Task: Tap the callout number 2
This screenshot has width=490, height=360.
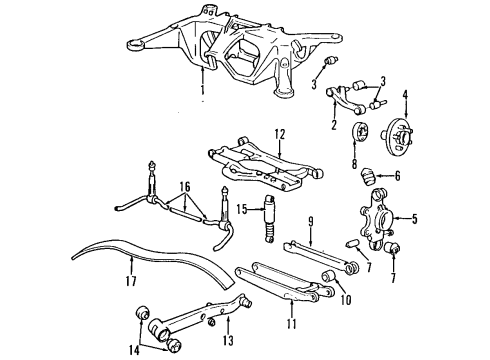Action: (333, 125)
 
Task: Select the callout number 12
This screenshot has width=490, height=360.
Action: (281, 133)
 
